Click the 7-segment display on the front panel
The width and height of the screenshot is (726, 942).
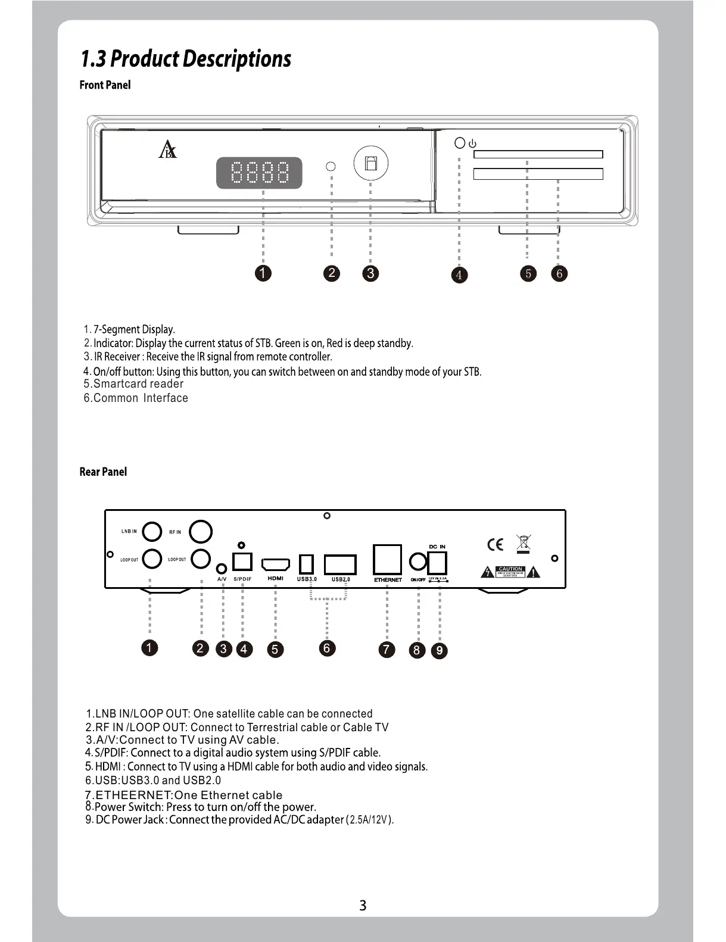[259, 173]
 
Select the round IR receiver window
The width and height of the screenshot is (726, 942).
[370, 164]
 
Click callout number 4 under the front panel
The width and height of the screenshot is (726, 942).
[459, 275]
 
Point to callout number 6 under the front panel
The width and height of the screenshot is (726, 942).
[559, 273]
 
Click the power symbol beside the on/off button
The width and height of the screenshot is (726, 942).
[473, 144]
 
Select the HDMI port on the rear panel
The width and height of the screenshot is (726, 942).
[276, 564]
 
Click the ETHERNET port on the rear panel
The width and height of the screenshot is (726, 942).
[387, 560]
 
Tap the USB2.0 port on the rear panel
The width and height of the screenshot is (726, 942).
[340, 564]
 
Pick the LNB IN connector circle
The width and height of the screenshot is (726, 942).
[152, 531]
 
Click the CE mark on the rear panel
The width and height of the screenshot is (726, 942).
[495, 544]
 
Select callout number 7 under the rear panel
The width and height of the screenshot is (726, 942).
[387, 649]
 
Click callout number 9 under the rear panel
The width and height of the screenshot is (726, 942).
[439, 650]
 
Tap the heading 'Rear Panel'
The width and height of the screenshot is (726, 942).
[103, 472]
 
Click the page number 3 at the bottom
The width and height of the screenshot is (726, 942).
[363, 905]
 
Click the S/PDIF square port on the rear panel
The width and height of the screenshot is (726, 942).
[242, 562]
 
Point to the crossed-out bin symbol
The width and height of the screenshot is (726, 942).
[524, 544]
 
